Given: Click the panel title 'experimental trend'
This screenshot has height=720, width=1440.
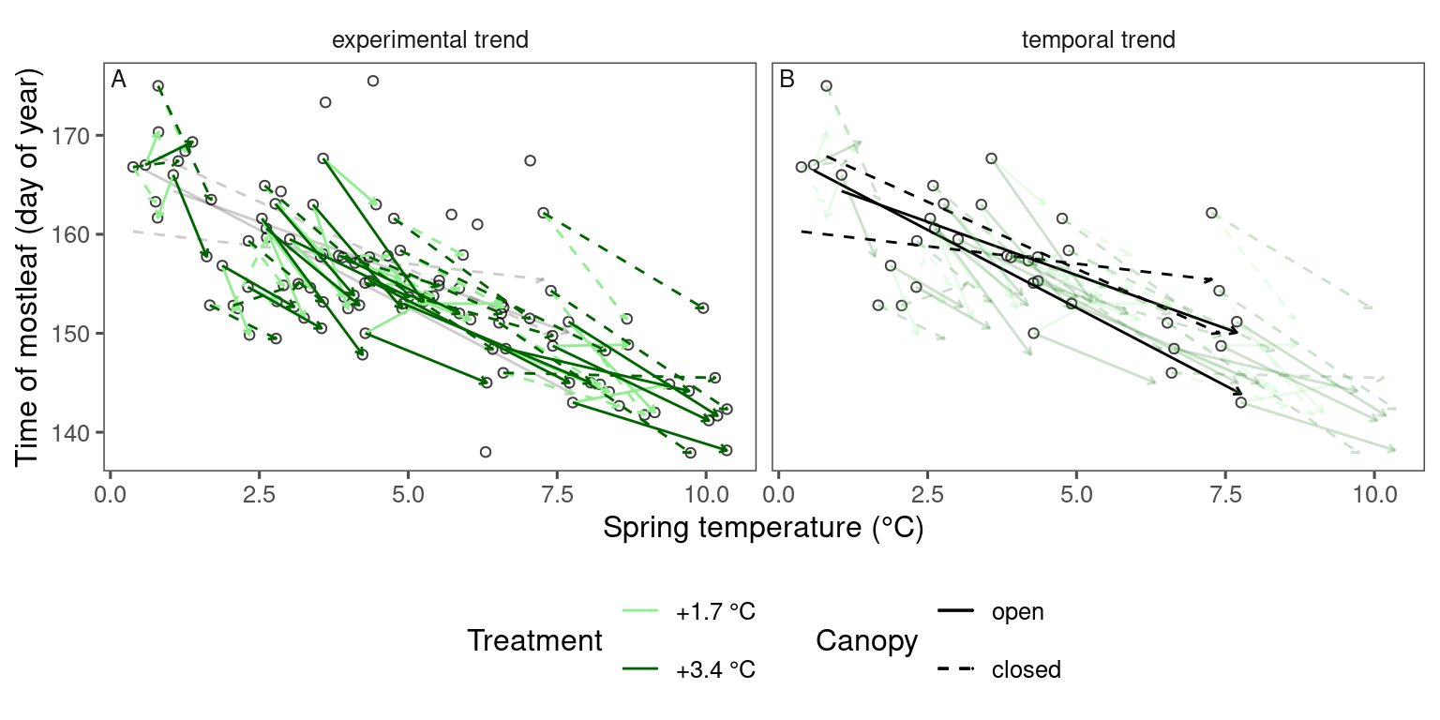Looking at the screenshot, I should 430,40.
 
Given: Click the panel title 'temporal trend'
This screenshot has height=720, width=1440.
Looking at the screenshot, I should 1099,40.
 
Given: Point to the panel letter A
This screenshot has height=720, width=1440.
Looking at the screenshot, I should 119,81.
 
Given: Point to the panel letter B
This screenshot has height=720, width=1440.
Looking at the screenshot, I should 787,81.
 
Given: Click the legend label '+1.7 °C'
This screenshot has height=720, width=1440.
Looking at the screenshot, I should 715,612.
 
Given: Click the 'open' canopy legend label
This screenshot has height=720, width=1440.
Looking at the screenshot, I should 1017,612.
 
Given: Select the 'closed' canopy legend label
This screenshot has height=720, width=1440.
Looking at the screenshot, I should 1026,669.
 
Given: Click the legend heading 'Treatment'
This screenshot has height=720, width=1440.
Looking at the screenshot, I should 534,641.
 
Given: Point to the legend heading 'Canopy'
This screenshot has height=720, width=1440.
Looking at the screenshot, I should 866,641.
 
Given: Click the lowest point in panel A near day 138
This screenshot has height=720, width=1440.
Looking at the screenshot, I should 485,452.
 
